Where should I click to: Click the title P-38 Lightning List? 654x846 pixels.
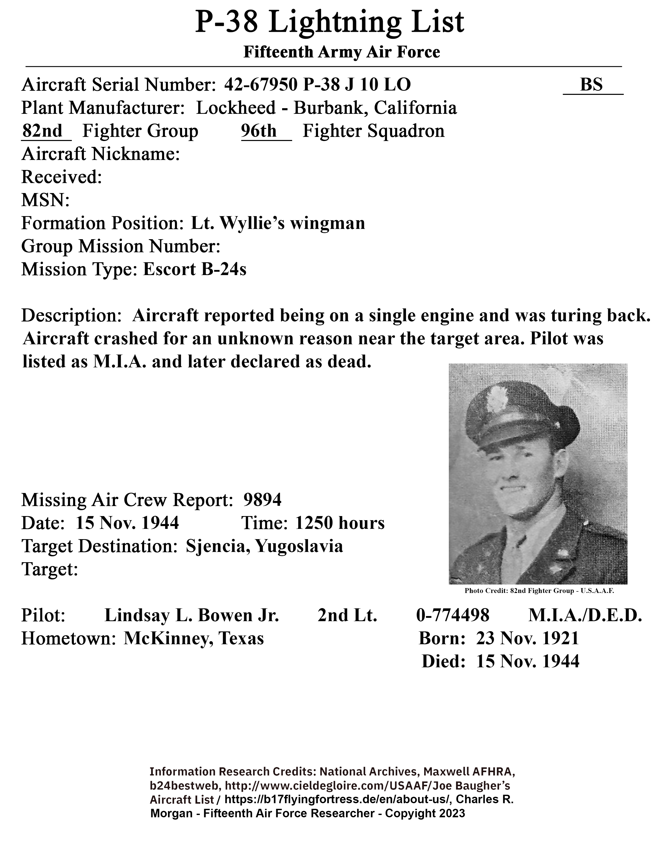tap(329, 23)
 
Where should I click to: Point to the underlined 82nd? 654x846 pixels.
tap(42, 131)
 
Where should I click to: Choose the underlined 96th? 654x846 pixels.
tap(259, 131)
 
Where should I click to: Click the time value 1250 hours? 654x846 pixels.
tap(340, 523)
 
